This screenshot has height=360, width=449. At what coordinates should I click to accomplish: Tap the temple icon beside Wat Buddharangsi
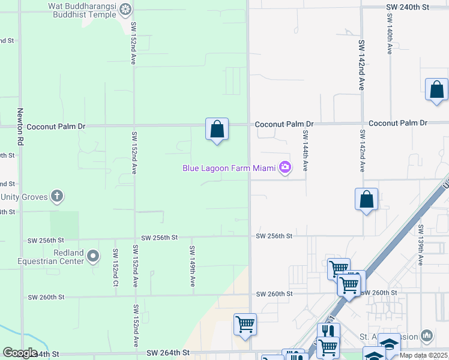pyautogui.click(x=125, y=8)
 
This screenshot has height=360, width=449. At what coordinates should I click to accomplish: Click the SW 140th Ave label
pyautogui.click(x=390, y=39)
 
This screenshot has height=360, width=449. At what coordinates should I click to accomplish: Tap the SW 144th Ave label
pyautogui.click(x=305, y=151)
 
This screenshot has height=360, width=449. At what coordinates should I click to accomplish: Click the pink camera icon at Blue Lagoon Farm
pyautogui.click(x=286, y=168)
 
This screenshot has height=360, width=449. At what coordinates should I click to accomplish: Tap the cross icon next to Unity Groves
pyautogui.click(x=57, y=196)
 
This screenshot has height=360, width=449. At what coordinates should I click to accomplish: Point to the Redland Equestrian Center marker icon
pyautogui.click(x=93, y=256)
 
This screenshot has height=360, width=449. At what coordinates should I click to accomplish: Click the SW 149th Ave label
pyautogui.click(x=192, y=265)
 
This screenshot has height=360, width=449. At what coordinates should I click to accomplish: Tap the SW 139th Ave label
pyautogui.click(x=421, y=245)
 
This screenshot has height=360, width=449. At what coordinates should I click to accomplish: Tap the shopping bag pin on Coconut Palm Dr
pyautogui.click(x=217, y=129)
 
